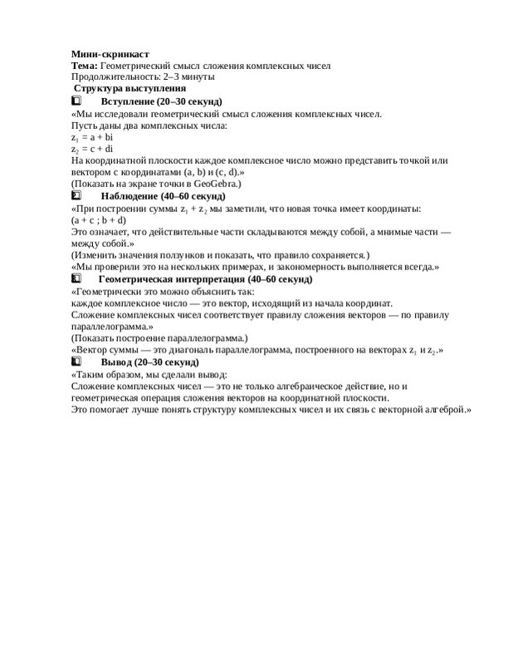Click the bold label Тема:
click(x=84, y=65)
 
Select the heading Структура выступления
click(x=129, y=88)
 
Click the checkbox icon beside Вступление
click(x=77, y=101)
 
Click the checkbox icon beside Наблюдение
click(x=77, y=195)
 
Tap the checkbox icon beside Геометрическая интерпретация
click(x=77, y=279)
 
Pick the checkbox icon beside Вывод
click(x=77, y=363)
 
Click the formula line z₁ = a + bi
click(x=92, y=136)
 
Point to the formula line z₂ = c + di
click(x=92, y=148)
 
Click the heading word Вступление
click(x=129, y=101)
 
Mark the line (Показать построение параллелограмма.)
click(x=158, y=339)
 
